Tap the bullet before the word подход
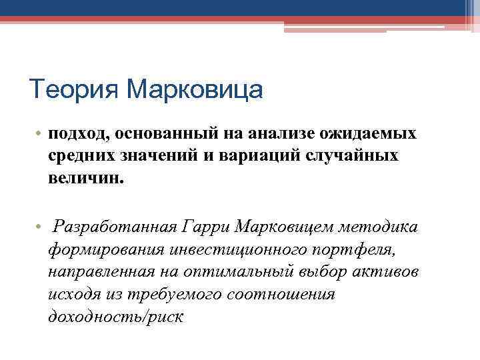click(x=40, y=134)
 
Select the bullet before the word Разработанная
click(x=40, y=228)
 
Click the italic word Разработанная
click(x=114, y=227)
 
